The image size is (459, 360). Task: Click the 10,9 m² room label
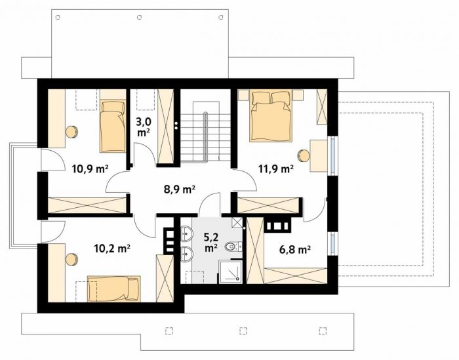(x=90, y=169)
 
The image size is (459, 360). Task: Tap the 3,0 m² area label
(x=144, y=127)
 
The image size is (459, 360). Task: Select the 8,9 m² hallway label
(x=180, y=190)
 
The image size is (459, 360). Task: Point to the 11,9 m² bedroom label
(x=276, y=169)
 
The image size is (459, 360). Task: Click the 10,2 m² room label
(x=112, y=249)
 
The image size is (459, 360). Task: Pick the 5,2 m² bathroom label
(x=210, y=243)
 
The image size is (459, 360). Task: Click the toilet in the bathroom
(x=233, y=247)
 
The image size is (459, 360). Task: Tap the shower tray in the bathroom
(x=231, y=272)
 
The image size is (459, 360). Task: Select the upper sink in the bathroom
(x=186, y=233)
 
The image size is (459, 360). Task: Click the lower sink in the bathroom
(x=186, y=254)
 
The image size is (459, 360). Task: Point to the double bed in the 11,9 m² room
(x=271, y=116)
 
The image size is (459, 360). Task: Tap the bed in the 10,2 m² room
(x=114, y=289)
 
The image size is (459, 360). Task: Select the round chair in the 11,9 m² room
(x=303, y=155)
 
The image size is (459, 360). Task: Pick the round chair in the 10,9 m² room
(x=71, y=132)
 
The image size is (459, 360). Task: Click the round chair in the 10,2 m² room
(x=71, y=260)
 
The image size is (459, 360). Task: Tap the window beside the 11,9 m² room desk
(x=332, y=155)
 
